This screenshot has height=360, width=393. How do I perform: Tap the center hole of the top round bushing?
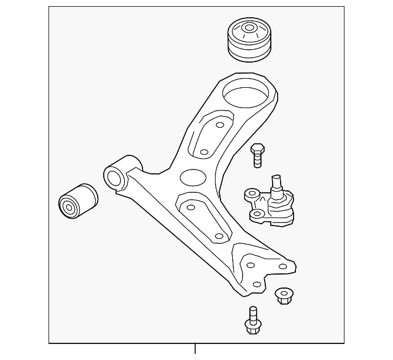point(250,28)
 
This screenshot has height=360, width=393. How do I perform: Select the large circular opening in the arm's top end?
point(246,95)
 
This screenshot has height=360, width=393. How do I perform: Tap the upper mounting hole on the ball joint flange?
point(251,194)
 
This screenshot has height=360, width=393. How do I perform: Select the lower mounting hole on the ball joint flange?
point(258,214)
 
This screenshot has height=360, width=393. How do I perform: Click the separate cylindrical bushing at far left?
point(77,200)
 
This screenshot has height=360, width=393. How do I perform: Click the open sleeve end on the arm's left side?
point(115,178)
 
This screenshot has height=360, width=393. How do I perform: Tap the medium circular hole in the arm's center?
point(192,178)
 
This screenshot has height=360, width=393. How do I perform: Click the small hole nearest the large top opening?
point(219,125)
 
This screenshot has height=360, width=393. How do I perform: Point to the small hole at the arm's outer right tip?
point(282,266)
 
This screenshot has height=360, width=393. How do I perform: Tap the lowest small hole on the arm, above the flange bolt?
point(256,284)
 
